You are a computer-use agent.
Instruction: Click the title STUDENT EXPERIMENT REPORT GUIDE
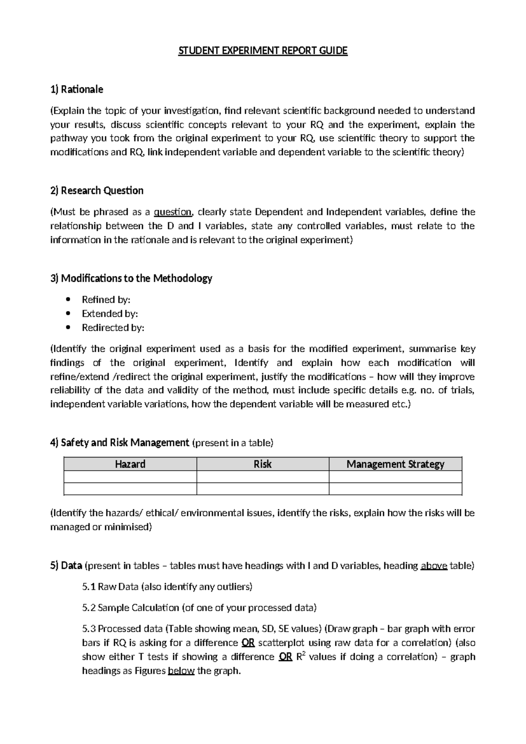tap(263, 51)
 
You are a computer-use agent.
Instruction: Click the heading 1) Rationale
tap(77, 89)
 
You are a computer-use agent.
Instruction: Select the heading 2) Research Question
tap(97, 190)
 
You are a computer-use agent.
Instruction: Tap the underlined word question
tap(172, 212)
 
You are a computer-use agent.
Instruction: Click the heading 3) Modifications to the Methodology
tap(131, 278)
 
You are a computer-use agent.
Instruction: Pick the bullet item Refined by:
tap(106, 300)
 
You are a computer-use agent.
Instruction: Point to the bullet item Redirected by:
tap(113, 328)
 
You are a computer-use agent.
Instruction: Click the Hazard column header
tap(130, 464)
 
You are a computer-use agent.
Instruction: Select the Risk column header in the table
tap(263, 464)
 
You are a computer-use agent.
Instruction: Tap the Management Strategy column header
tap(395, 464)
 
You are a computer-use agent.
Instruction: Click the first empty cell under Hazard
tap(130, 477)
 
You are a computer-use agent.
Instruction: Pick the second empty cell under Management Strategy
tap(395, 489)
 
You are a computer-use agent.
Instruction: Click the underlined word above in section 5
tap(434, 566)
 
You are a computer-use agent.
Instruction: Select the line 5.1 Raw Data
tap(167, 587)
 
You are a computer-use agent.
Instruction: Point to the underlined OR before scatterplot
tap(248, 643)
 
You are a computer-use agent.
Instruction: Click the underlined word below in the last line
tap(181, 671)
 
